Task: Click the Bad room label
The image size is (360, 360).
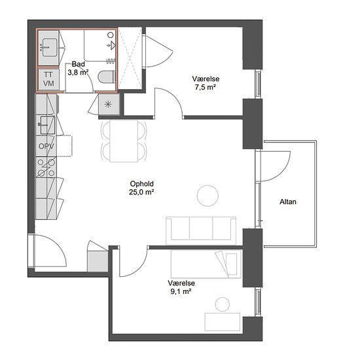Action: tap(79, 64)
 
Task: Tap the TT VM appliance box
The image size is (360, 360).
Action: tap(48, 79)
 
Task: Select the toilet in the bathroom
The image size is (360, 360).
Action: tap(107, 77)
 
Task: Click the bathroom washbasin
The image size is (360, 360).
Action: tap(49, 48)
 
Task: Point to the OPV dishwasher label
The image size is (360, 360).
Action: tap(46, 146)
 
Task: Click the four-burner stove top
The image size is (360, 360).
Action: tap(46, 168)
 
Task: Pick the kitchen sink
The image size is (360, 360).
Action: tap(48, 125)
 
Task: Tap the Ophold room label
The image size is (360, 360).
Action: tap(141, 184)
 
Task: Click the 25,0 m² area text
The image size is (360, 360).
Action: tap(141, 192)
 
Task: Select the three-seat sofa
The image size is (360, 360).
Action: tap(201, 230)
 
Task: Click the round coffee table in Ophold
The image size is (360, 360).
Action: tap(207, 196)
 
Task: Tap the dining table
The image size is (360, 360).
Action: tap(124, 141)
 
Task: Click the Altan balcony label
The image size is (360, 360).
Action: tap(288, 202)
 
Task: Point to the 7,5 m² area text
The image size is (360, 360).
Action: tap(206, 87)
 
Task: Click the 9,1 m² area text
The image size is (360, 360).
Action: tap(181, 291)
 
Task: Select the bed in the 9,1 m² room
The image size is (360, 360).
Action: tap(206, 264)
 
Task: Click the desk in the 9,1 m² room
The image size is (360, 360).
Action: tap(223, 321)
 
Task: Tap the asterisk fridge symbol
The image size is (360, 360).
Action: tap(108, 105)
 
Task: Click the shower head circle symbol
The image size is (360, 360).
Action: tap(111, 35)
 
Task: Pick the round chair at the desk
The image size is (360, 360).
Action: tap(223, 304)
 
